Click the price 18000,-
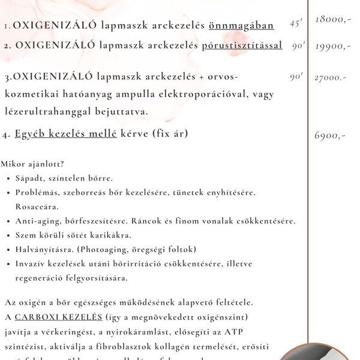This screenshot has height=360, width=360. point(332,20)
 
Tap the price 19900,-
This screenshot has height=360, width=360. point(332,46)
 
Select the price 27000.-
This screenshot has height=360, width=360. point(330,78)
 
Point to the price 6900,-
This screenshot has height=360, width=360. point(330,136)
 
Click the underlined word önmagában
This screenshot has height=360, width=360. point(241,26)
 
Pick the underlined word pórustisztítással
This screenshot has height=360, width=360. point(242,46)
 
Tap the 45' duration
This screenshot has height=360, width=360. point(296,24)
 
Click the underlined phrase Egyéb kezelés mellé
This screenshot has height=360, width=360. point(66,134)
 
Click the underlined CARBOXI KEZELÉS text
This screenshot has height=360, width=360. point(59,317)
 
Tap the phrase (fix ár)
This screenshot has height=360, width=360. point(170,134)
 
